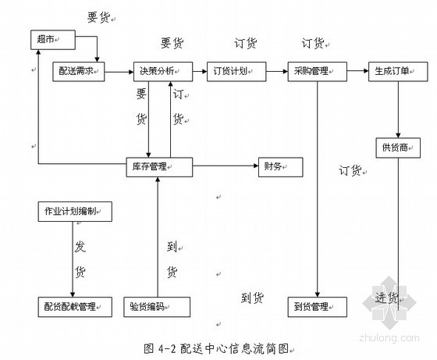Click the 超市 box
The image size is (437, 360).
pyautogui.click(x=53, y=40)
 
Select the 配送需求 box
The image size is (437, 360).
pyautogui.click(x=79, y=72)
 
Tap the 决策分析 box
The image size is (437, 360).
pyautogui.click(x=163, y=72)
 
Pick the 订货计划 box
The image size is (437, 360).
pyautogui.click(x=236, y=72)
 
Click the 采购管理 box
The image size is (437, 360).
pyautogui.click(x=317, y=72)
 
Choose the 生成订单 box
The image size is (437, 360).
pyautogui.click(x=398, y=72)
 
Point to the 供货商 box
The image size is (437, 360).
pyautogui.click(x=398, y=148)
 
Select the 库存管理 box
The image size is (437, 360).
pyautogui.click(x=159, y=167)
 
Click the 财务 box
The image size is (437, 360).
pyautogui.click(x=281, y=167)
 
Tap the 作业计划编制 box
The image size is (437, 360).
pyautogui.click(x=75, y=212)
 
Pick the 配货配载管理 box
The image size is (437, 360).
pyautogui.click(x=75, y=307)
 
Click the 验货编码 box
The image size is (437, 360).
pyautogui.click(x=157, y=307)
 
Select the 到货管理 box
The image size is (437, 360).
pyautogui.click(x=317, y=307)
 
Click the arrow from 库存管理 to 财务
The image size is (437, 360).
pyautogui.click(x=226, y=166)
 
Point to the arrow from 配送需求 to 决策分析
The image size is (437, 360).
pyautogui.click(x=119, y=72)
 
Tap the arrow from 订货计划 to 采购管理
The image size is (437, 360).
pyautogui.click(x=277, y=71)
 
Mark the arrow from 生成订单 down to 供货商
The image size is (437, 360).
pyautogui.click(x=398, y=109)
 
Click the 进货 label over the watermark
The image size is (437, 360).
pyautogui.click(x=386, y=298)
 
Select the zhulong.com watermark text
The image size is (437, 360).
pyautogui.click(x=389, y=337)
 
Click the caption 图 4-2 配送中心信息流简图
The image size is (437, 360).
pyautogui.click(x=217, y=348)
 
